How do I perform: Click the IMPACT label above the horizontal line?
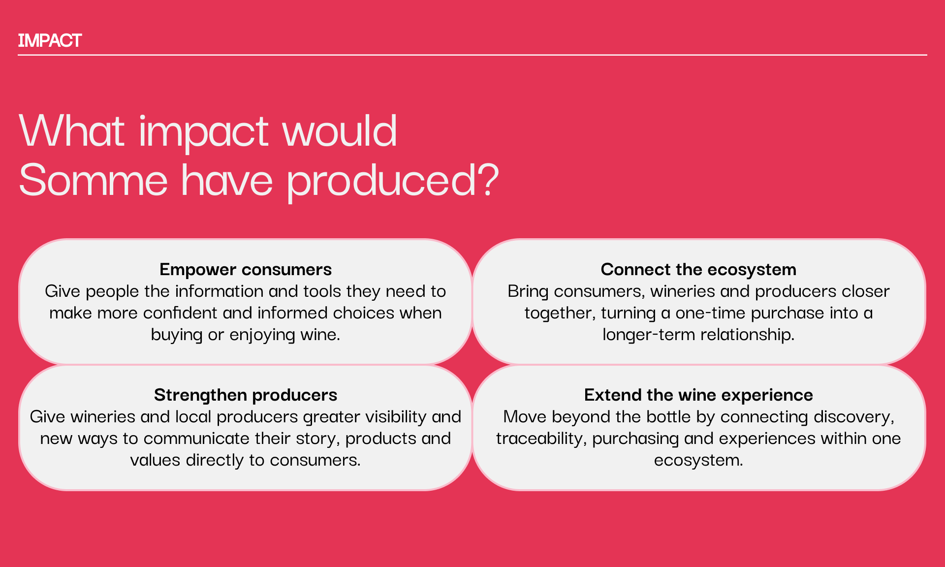click(50, 40)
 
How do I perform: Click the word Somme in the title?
click(94, 181)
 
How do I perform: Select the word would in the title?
click(339, 130)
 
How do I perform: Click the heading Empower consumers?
click(246, 269)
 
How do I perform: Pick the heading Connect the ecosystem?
click(698, 269)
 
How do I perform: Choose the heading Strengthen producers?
click(246, 395)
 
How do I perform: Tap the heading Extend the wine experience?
click(698, 395)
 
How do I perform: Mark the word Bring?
click(528, 291)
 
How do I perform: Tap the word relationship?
click(748, 335)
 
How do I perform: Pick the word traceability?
click(541, 439)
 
